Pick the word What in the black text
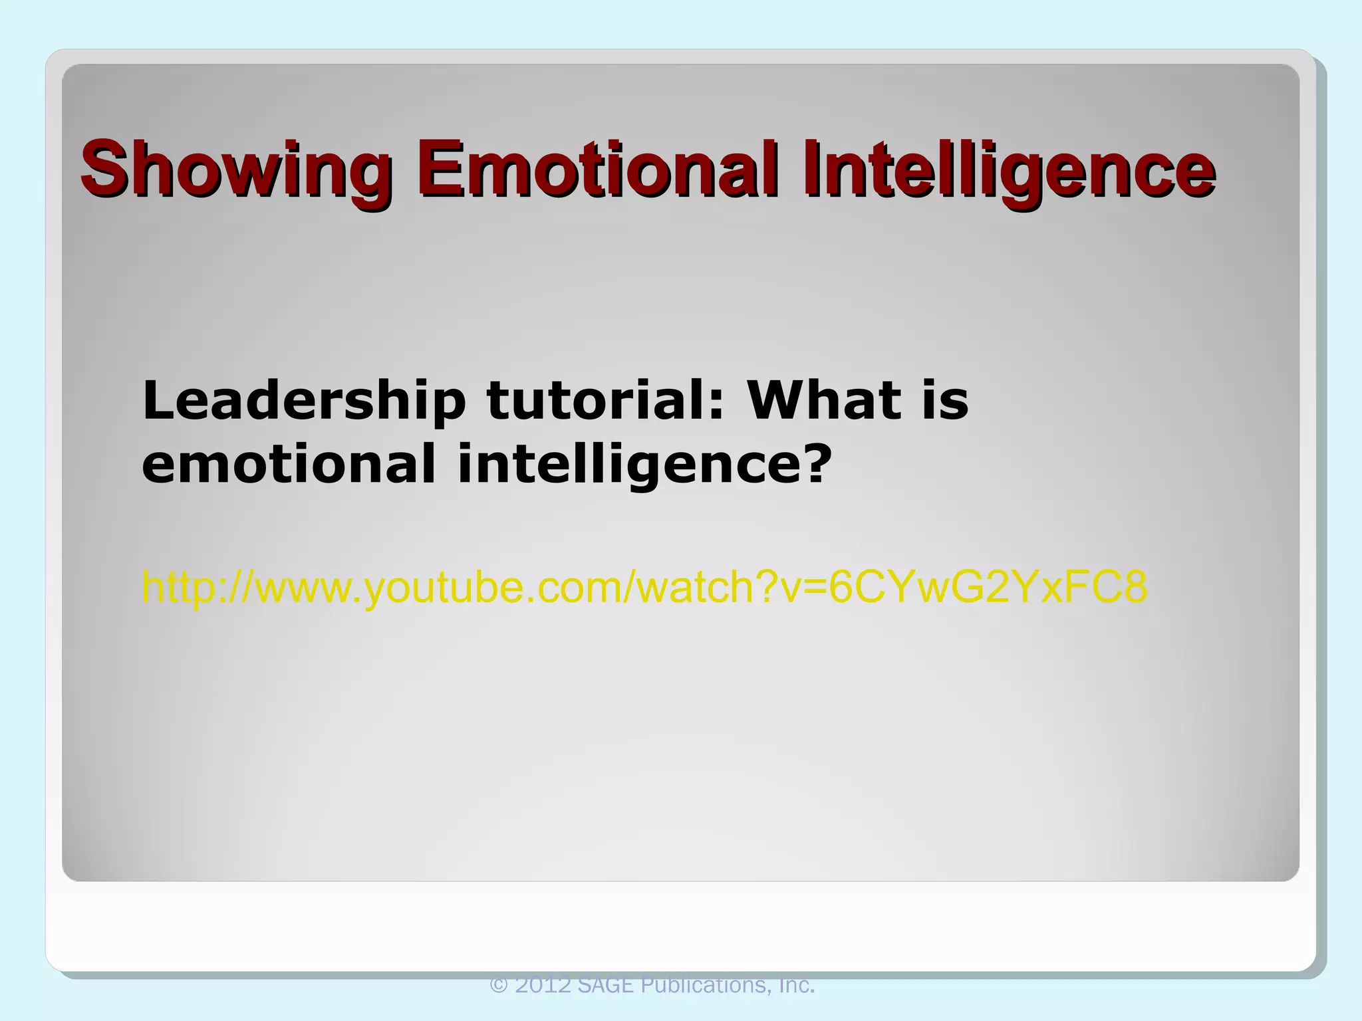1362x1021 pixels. coord(825,401)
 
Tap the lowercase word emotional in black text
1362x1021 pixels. coord(289,463)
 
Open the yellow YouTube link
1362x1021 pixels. coord(644,588)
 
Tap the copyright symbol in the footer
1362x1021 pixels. coord(499,985)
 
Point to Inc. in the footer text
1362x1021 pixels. coord(795,985)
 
